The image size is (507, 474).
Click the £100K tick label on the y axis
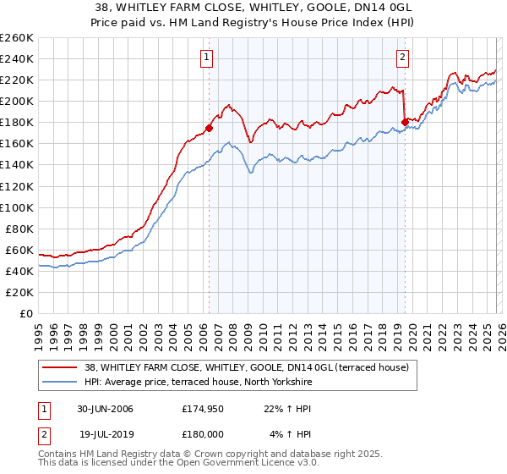click(x=16, y=207)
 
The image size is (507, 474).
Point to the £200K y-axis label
click(x=16, y=101)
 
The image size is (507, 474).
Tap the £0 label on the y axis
click(x=26, y=313)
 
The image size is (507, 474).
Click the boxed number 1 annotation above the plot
click(x=207, y=58)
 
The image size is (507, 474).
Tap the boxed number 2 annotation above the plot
click(x=402, y=58)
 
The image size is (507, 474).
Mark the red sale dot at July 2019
click(x=405, y=122)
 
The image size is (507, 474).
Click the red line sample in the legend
click(x=59, y=367)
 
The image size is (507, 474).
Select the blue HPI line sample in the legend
click(x=59, y=383)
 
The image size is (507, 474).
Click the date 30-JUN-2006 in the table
click(x=106, y=409)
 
